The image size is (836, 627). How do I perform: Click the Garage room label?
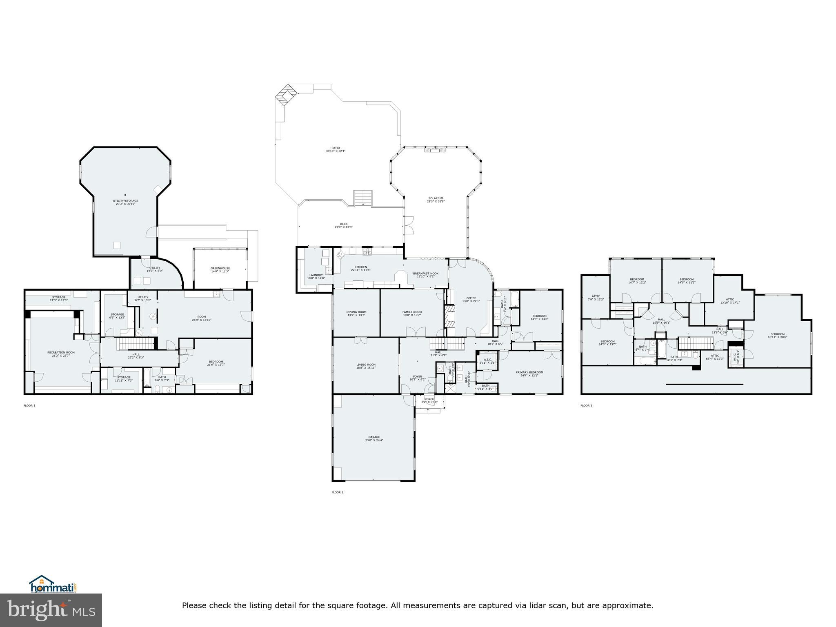[374, 437]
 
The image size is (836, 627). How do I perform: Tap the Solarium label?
[436, 198]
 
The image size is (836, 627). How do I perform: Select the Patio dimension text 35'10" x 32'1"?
[336, 151]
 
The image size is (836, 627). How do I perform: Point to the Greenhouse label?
[220, 268]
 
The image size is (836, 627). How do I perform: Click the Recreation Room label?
[61, 352]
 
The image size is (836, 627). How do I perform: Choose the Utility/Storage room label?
[125, 200]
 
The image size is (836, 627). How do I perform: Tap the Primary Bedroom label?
[529, 372]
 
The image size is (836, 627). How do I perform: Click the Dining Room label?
[356, 312]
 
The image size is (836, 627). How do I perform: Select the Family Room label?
[412, 312]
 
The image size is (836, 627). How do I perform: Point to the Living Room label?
[366, 365]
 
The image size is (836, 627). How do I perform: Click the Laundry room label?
[316, 275]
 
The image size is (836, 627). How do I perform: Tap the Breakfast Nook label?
[426, 273]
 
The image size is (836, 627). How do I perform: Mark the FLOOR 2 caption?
[338, 492]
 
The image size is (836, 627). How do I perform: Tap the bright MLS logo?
[51, 610]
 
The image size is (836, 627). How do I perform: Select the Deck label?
[344, 224]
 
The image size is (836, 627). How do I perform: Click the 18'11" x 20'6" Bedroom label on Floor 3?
[777, 334]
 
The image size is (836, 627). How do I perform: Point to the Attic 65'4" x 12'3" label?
[715, 356]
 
